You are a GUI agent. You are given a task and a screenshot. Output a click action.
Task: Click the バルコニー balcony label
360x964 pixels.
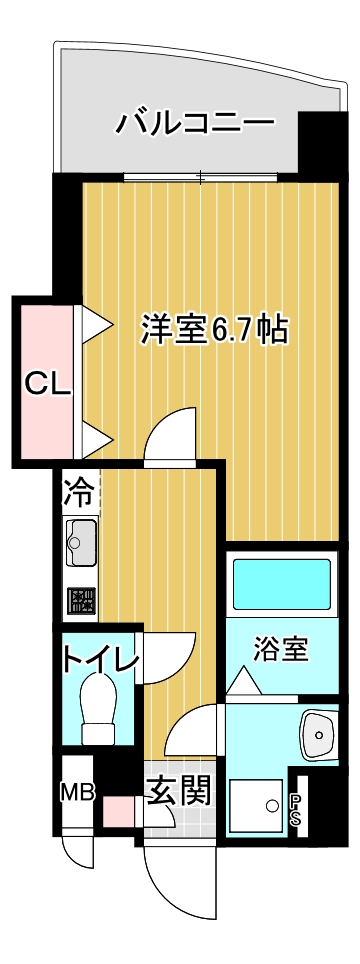click(195, 123)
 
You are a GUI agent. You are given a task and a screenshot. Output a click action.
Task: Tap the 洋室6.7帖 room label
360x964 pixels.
click(214, 330)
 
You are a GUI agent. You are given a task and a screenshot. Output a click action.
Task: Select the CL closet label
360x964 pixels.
click(47, 385)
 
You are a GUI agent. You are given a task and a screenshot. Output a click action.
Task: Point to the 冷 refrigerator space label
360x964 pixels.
click(79, 490)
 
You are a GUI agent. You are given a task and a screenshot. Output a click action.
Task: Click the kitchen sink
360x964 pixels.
click(81, 542)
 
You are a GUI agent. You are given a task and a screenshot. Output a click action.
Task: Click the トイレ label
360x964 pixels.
click(98, 659)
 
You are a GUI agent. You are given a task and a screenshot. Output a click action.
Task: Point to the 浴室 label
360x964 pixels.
click(281, 649)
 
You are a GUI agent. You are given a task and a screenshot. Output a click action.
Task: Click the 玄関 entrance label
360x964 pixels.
click(179, 790)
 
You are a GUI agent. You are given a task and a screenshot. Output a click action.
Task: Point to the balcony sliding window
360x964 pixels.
click(201, 178)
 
